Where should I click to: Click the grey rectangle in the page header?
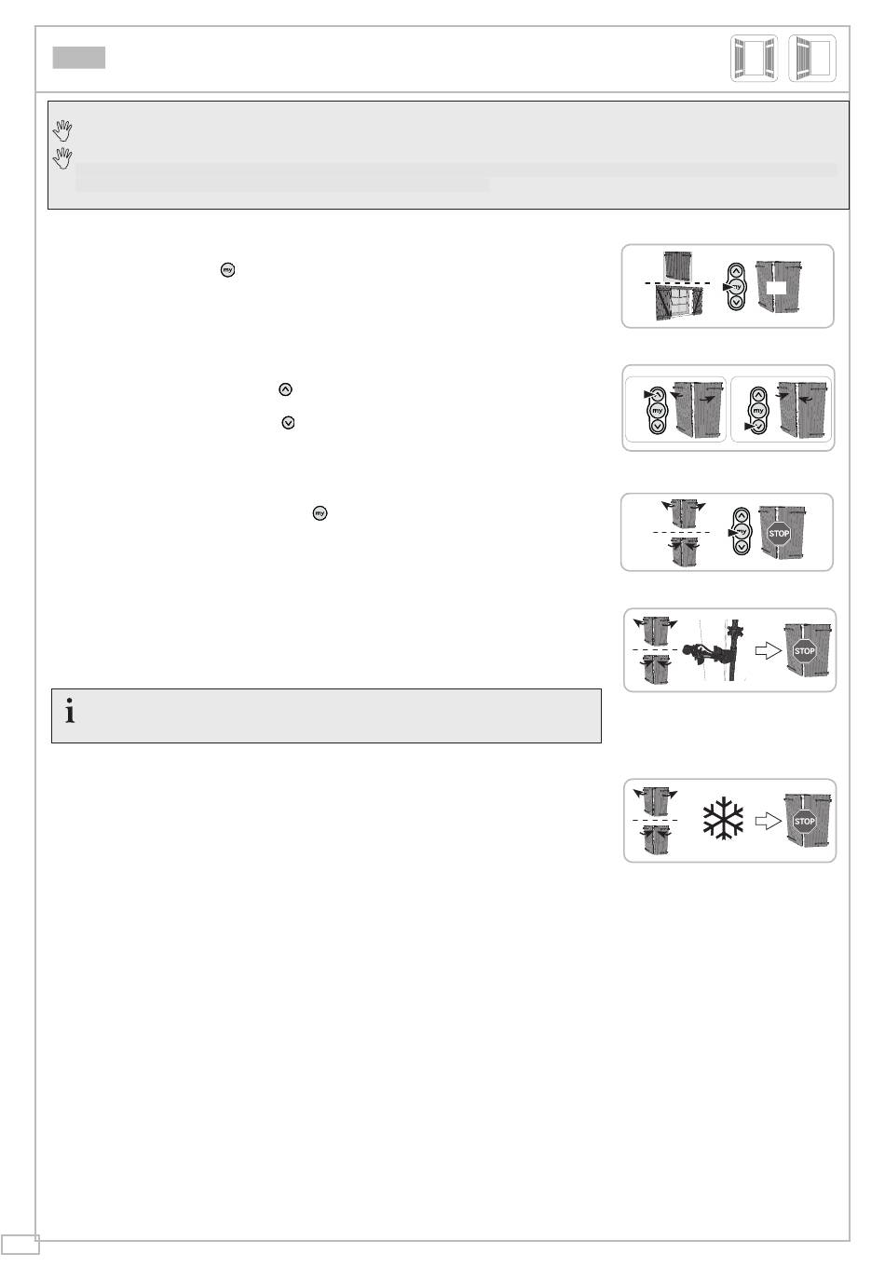(78, 58)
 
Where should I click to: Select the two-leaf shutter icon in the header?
(754, 59)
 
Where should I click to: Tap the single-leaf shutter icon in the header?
(812, 59)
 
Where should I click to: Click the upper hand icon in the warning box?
(62, 130)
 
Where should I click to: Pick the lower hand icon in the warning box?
(62, 158)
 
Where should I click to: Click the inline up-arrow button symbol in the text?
(285, 389)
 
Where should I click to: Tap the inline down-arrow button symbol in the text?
(288, 423)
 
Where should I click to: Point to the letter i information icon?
(70, 711)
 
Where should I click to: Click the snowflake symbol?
(723, 819)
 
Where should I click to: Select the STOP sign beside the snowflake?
(804, 822)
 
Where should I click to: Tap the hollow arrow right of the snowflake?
(769, 821)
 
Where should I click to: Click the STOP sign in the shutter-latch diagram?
(804, 651)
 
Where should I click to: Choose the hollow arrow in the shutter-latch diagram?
(769, 651)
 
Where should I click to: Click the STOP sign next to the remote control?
(779, 534)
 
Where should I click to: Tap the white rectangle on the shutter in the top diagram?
(777, 287)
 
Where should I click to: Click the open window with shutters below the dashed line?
(679, 302)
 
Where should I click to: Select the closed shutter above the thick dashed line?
(678, 266)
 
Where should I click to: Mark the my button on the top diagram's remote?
(736, 287)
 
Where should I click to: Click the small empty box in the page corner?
(20, 1245)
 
